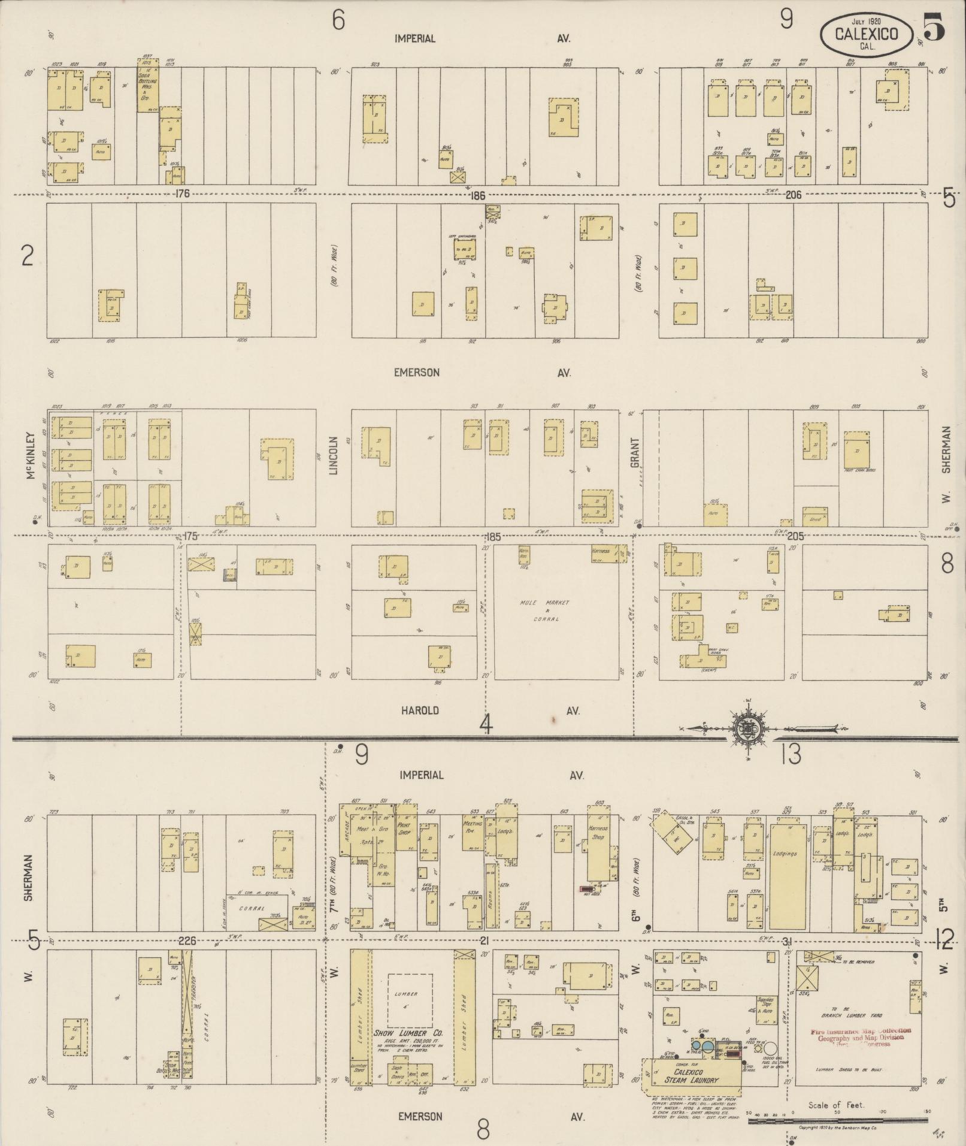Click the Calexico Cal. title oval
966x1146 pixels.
866,34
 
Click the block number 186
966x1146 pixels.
477,195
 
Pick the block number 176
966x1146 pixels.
183,193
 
